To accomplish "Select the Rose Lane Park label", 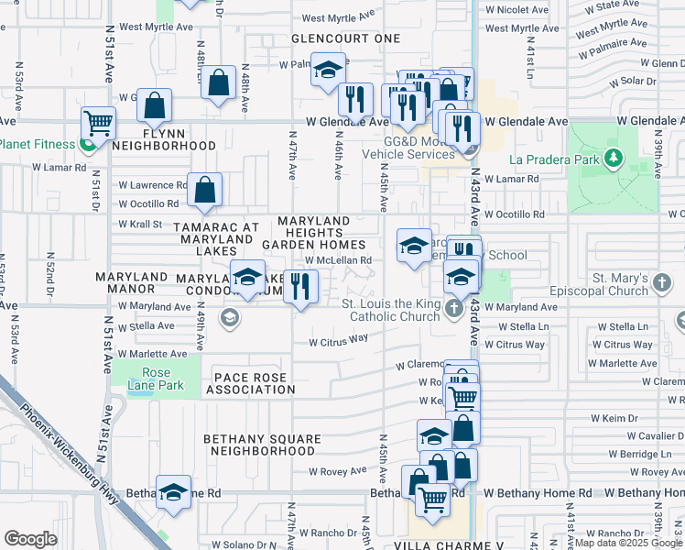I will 163,379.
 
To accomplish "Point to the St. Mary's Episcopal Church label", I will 631,285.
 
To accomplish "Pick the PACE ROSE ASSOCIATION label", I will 250,383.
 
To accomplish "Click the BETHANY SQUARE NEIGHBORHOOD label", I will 262,445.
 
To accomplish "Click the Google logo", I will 30,539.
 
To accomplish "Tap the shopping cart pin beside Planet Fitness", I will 97,123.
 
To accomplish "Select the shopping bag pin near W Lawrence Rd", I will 206,191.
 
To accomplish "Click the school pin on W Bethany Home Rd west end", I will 172,493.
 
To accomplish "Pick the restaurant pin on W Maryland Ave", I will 300,287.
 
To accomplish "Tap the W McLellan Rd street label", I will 339,260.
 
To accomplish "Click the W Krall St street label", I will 140,224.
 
